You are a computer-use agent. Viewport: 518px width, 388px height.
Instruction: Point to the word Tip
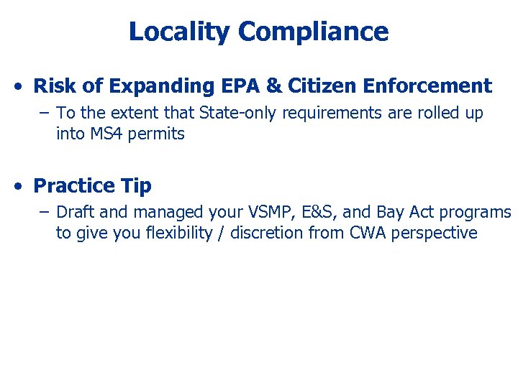pos(136,186)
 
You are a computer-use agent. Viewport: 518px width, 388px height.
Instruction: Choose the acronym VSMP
pos(266,212)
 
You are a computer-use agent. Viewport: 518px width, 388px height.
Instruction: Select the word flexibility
pos(177,233)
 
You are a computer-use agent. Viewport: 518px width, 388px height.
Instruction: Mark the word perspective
pos(442,234)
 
